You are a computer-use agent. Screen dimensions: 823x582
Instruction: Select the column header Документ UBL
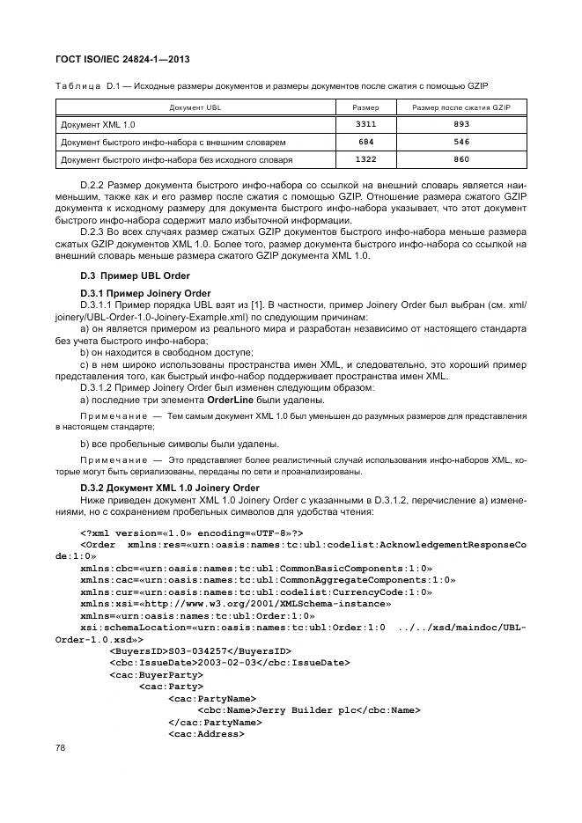coord(195,107)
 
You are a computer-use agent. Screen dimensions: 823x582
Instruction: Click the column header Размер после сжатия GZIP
coord(460,107)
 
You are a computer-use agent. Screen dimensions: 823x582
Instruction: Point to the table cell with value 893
coord(460,125)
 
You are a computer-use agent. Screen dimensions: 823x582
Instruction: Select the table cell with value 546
coord(460,142)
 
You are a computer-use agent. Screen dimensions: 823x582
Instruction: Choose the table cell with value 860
coord(460,159)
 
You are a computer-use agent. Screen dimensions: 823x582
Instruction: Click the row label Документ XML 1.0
coord(97,125)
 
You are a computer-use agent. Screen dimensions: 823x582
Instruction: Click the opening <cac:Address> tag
coord(205,733)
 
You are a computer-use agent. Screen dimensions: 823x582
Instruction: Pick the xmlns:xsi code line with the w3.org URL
coord(235,605)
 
